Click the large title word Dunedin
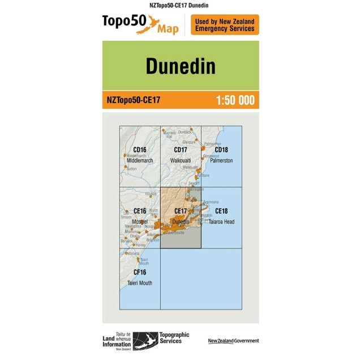[x=180, y=66]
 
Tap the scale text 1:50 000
[x=235, y=101]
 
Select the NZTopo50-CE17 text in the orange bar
[x=134, y=101]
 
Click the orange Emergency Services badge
[x=225, y=25]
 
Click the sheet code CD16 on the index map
[x=140, y=150]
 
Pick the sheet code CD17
[x=181, y=150]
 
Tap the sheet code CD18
[x=221, y=150]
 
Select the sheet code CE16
[x=140, y=211]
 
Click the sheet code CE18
[x=221, y=211]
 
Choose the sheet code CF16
[x=140, y=272]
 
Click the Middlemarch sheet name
[x=140, y=161]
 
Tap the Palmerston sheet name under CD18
[x=221, y=161]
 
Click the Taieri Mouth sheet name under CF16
[x=140, y=283]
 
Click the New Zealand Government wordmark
[x=233, y=341]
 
